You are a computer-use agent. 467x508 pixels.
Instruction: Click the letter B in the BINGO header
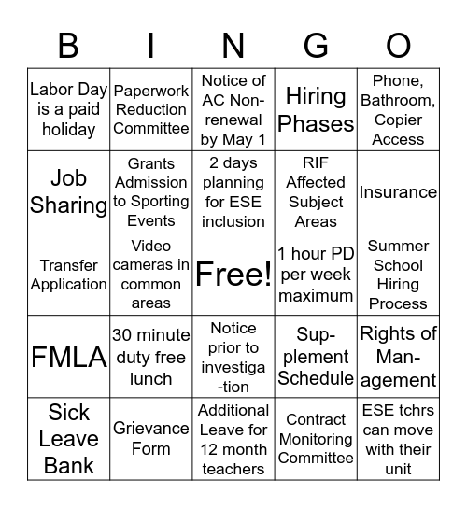[68, 45]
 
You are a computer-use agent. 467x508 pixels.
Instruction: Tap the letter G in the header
[317, 45]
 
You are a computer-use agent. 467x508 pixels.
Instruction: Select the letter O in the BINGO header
[399, 45]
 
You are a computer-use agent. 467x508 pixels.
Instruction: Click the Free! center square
[233, 275]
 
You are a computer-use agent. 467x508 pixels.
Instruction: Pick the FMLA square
[69, 358]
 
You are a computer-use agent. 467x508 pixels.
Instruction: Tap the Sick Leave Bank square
[69, 438]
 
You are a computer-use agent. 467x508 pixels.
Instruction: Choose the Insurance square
[398, 192]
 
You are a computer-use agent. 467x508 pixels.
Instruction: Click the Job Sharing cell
[69, 192]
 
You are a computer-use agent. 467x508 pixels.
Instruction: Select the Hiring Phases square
[316, 110]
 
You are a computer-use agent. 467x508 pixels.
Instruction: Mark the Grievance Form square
[150, 438]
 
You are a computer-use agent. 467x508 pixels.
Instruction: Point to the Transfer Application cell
[69, 275]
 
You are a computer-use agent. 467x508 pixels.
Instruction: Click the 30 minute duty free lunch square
[150, 357]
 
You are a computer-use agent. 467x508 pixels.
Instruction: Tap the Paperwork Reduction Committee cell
[150, 110]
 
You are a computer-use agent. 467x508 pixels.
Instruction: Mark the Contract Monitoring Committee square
[316, 438]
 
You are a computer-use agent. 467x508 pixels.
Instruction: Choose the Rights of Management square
[398, 357]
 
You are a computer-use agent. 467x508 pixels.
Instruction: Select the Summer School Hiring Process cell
[398, 275]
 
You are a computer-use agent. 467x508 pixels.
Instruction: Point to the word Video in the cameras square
[150, 247]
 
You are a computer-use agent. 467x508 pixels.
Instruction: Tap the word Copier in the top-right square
[398, 120]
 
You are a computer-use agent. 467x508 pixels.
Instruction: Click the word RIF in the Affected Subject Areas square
[316, 163]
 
